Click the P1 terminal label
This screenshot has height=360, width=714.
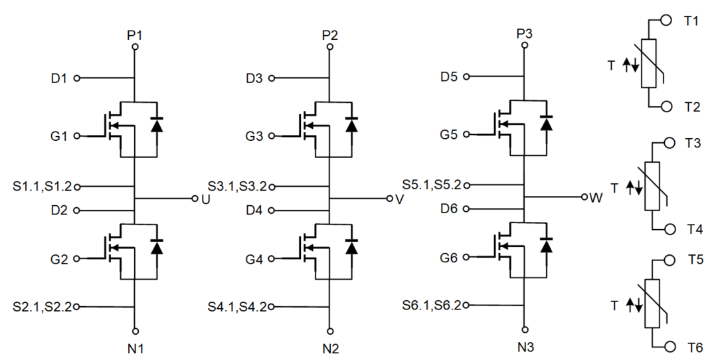[135, 35]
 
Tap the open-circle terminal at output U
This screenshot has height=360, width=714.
[194, 199]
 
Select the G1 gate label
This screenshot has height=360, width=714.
[59, 136]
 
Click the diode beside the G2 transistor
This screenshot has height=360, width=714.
[157, 247]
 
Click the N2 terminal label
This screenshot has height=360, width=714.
[330, 348]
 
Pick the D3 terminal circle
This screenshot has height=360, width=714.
[271, 78]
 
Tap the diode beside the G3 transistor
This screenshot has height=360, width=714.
[351, 125]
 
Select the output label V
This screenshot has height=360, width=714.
[399, 199]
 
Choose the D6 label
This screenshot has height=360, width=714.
[449, 209]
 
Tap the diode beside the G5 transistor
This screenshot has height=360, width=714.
[547, 124]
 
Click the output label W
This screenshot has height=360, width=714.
[595, 198]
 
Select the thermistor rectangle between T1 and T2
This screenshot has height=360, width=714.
[650, 64]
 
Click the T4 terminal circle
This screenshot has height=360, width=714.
[669, 229]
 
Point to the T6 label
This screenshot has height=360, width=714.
[695, 347]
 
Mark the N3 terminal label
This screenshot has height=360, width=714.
[525, 346]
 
